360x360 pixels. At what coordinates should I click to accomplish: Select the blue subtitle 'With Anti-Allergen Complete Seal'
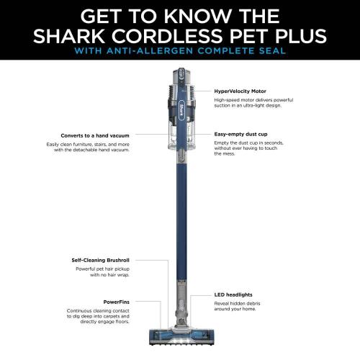180,53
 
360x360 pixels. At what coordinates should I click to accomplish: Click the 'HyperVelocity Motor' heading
240,91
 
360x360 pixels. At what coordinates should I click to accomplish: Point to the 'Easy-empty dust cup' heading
241,134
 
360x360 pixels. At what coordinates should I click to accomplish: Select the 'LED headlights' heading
233,294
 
